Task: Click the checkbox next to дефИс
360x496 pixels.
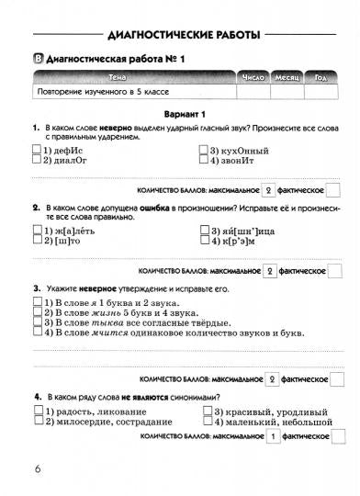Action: pos(37,150)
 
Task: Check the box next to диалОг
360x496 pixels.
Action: pos(37,160)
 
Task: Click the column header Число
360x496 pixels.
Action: pos(253,78)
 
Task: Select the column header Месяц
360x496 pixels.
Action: pos(291,78)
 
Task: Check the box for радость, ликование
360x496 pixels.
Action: pos(37,412)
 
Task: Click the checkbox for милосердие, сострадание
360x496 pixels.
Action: pos(37,423)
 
